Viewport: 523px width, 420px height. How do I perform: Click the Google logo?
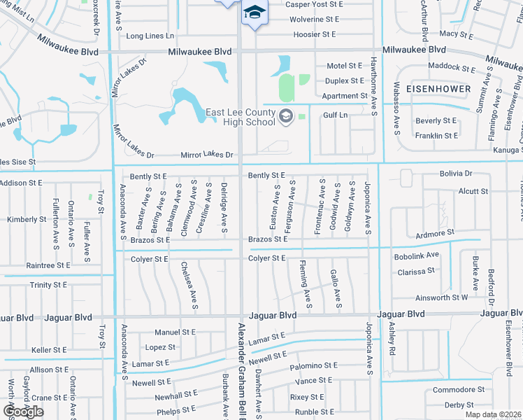point(23,411)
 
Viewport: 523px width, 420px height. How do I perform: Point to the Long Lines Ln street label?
point(150,36)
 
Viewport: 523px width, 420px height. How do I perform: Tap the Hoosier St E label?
point(315,34)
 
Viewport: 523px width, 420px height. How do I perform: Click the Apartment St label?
point(345,96)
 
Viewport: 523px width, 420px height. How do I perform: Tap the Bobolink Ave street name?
point(416,256)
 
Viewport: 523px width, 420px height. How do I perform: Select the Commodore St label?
point(459,390)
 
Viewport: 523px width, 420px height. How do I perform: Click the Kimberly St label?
point(27,220)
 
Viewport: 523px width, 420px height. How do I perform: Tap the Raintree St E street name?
point(48,265)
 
